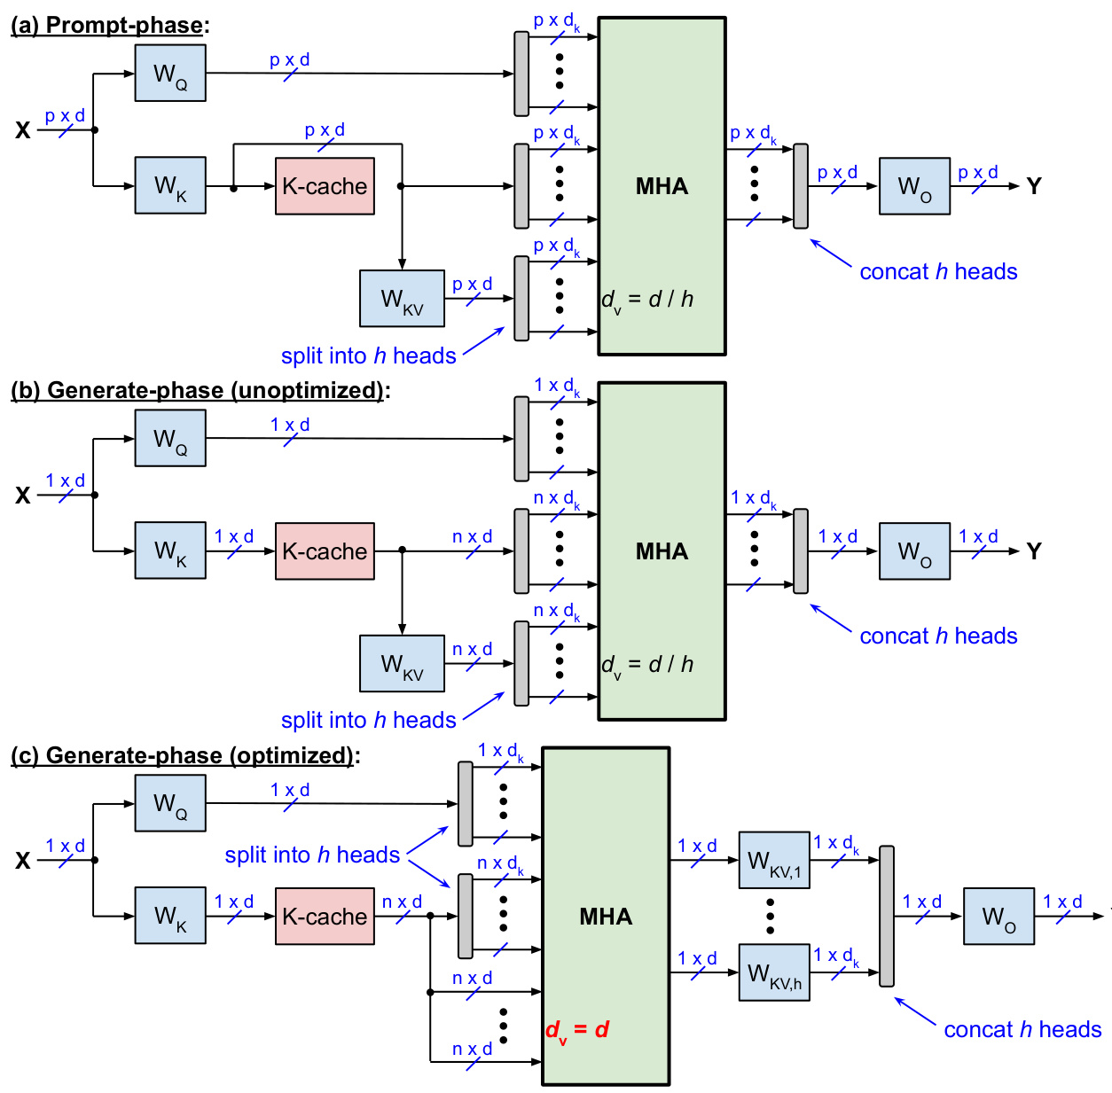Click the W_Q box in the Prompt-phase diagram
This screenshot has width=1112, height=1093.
click(x=170, y=74)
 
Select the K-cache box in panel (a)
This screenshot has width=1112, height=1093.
click(x=325, y=186)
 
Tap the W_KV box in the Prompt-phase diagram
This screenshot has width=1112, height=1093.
click(x=402, y=299)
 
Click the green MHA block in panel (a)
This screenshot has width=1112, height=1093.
click(x=662, y=186)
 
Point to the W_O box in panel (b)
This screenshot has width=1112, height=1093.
click(x=914, y=551)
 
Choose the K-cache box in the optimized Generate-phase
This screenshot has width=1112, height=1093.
click(x=325, y=916)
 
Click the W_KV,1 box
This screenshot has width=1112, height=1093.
click(x=774, y=860)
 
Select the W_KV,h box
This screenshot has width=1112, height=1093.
click(x=774, y=972)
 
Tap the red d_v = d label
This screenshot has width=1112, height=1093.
click(x=577, y=1030)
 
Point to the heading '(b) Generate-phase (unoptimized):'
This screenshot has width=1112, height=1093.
click(x=200, y=390)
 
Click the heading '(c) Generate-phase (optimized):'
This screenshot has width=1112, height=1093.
click(x=185, y=755)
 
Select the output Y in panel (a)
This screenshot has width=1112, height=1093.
click(x=1033, y=186)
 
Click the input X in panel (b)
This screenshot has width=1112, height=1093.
click(x=23, y=496)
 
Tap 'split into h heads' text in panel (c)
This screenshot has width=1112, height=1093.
click(x=312, y=855)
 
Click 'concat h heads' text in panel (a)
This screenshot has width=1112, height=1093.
click(x=938, y=271)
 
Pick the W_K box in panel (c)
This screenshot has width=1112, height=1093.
click(x=170, y=916)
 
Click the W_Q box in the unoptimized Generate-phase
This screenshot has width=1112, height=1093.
click(x=170, y=438)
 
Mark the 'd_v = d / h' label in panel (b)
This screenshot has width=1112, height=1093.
click(x=647, y=665)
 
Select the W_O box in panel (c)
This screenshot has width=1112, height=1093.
click(x=998, y=916)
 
